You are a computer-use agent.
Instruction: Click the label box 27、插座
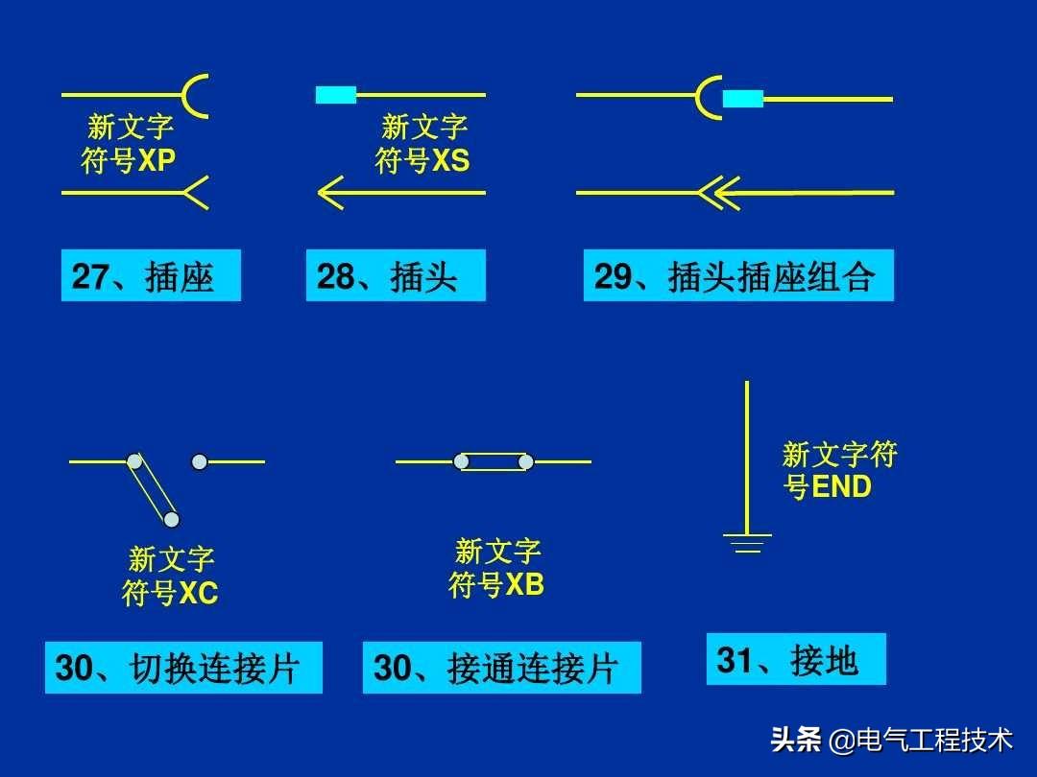151,276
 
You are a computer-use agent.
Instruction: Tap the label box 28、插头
396,276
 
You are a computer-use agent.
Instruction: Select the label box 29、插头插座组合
737,276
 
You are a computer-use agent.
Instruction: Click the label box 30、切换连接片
183,668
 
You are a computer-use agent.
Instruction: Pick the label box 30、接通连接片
501,668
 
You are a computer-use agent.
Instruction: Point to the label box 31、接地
795,659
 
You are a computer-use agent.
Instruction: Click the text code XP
157,160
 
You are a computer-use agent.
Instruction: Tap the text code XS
450,160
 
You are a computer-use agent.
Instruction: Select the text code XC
199,594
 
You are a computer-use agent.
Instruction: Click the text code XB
524,584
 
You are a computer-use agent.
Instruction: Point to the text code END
842,486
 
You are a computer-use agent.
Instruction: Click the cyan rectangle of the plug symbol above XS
336,95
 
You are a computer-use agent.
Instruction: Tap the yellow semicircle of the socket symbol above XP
195,96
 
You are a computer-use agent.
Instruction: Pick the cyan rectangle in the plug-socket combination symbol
742,98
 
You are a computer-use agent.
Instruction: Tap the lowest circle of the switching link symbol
171,520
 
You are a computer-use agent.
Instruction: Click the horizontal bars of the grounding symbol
747,543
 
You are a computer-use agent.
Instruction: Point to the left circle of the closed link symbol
461,461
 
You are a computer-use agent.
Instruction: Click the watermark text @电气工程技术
920,741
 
